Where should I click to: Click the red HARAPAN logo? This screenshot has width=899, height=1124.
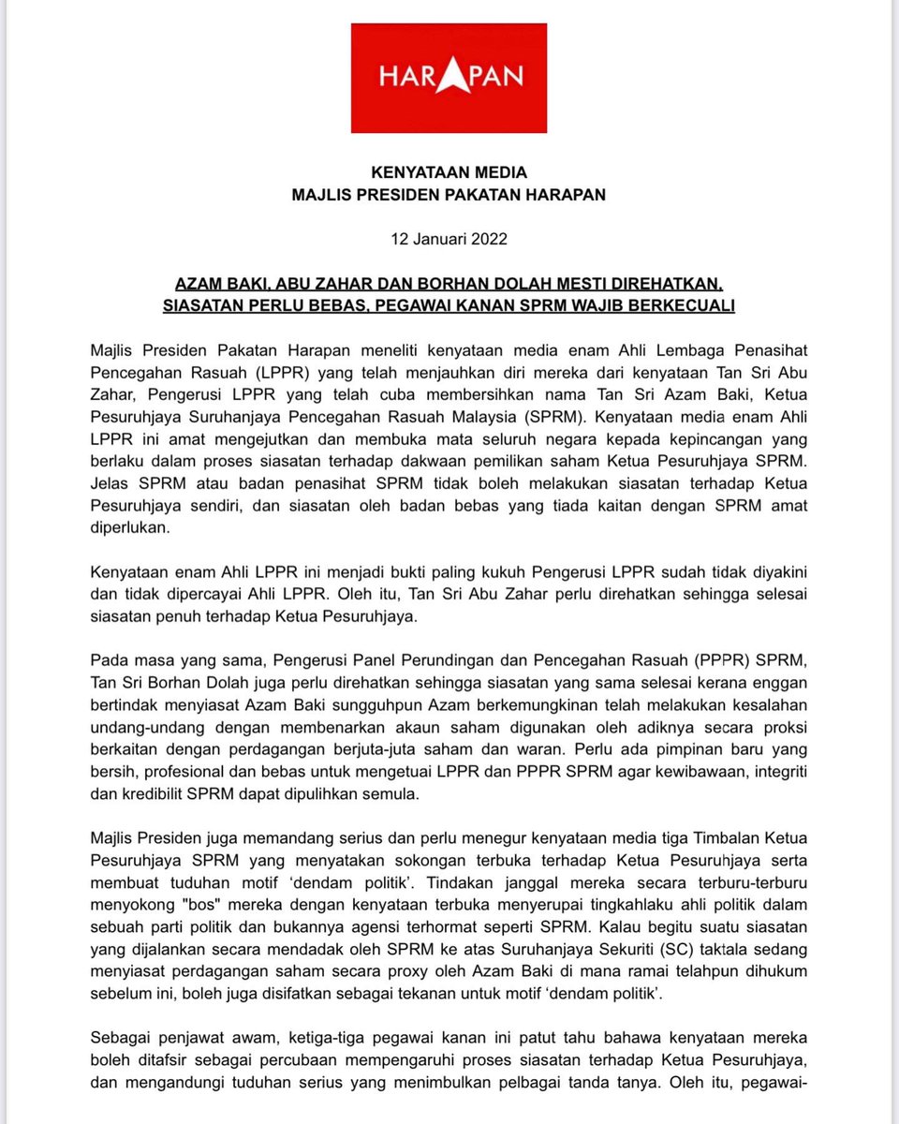tap(449, 78)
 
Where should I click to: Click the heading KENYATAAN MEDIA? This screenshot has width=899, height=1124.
tap(449, 172)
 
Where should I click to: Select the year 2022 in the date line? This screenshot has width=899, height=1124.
tap(488, 239)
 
